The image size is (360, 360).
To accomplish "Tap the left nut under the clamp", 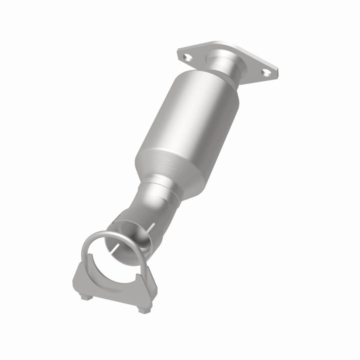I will point(85,297).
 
